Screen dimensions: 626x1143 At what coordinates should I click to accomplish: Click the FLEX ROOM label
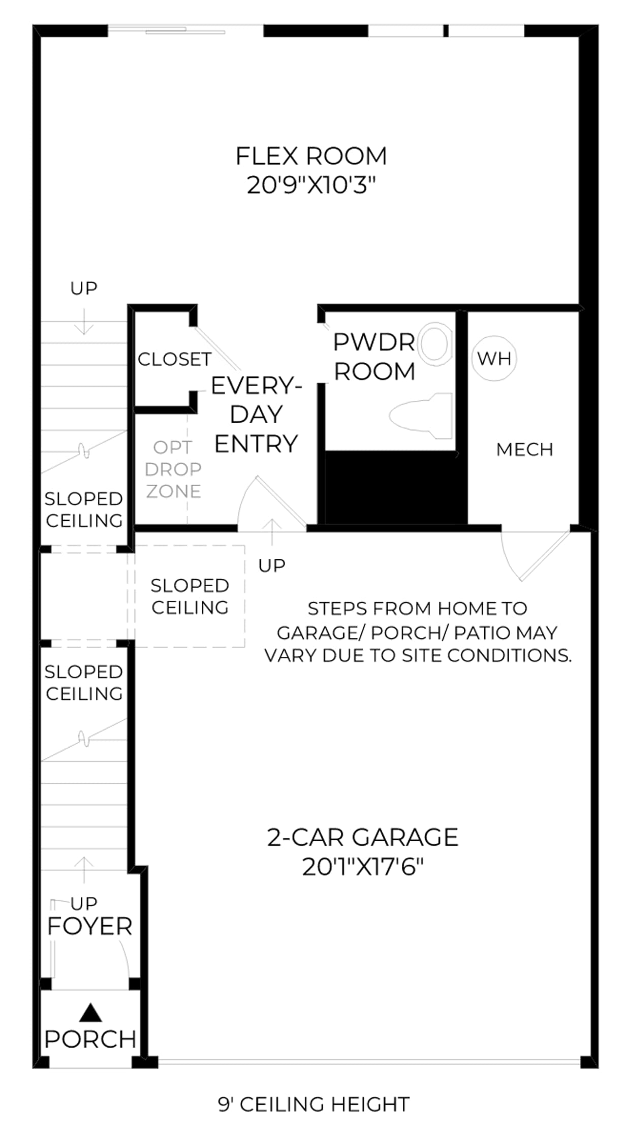coord(311,156)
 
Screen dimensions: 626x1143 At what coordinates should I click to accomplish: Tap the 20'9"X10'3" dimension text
coord(311,185)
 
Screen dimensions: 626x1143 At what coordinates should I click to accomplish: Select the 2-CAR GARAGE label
coord(363,837)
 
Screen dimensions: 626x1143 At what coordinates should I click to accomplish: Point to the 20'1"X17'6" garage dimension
coord(363,867)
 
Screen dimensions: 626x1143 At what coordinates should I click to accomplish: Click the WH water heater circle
coord(494,358)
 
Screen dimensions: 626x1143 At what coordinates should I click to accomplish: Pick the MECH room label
coord(524,450)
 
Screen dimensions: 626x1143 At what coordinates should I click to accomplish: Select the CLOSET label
coord(174,359)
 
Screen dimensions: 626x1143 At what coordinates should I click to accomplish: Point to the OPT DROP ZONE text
coord(173,469)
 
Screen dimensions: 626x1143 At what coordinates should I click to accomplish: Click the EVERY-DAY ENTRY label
coord(256,415)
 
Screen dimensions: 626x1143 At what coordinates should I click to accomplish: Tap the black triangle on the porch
coord(90,1012)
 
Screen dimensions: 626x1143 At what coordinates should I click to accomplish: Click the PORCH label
coord(90,1039)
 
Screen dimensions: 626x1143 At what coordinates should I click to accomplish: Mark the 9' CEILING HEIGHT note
coord(314,1104)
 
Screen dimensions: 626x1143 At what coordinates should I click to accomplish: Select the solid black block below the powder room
coord(396,487)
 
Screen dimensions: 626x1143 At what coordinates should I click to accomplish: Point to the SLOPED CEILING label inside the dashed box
coord(190,596)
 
